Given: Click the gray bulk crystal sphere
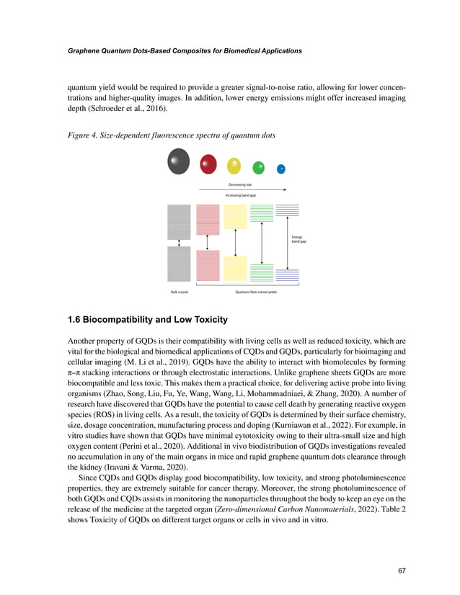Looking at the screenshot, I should pyautogui.click(x=179, y=161).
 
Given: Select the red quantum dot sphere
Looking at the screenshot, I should pyautogui.click(x=208, y=164).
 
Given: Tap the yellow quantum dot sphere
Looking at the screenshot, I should pyautogui.click(x=234, y=166).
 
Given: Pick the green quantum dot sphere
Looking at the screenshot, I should pyautogui.click(x=259, y=168).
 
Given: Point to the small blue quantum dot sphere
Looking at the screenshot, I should pyautogui.click(x=281, y=169).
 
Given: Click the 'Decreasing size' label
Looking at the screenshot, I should pyautogui.click(x=239, y=185).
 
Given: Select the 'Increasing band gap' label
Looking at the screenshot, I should pyautogui.click(x=239, y=195).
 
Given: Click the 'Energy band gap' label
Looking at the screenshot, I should pyautogui.click(x=298, y=239).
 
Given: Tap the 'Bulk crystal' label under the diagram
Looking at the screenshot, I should pyautogui.click(x=180, y=292).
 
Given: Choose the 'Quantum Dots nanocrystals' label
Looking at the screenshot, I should pyautogui.click(x=256, y=292).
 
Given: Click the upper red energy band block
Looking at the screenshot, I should pyautogui.click(x=208, y=219).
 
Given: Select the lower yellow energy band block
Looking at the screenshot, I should pyautogui.click(x=235, y=268).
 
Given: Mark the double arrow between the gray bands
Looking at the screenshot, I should pyautogui.click(x=179, y=243).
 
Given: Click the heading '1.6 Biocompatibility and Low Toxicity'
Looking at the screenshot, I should pyautogui.click(x=148, y=319).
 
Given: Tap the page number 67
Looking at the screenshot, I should pyautogui.click(x=402, y=571).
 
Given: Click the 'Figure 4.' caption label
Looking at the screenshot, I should pyautogui.click(x=85, y=136).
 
